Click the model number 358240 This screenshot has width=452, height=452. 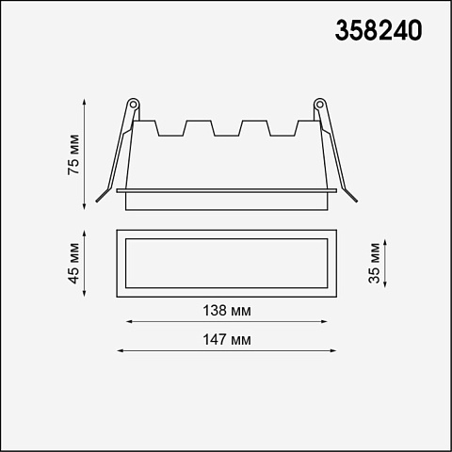click(379, 30)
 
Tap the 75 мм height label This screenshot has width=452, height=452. click(74, 154)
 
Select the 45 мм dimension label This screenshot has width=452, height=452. click(74, 263)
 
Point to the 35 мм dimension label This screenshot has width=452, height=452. click(374, 263)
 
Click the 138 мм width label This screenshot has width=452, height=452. click(227, 311)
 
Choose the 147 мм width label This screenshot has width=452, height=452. click(227, 340)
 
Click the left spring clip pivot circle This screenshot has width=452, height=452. click(133, 104)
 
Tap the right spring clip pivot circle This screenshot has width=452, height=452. click(319, 104)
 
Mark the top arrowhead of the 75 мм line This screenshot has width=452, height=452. click(84, 102)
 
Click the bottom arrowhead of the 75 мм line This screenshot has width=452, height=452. click(84, 206)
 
